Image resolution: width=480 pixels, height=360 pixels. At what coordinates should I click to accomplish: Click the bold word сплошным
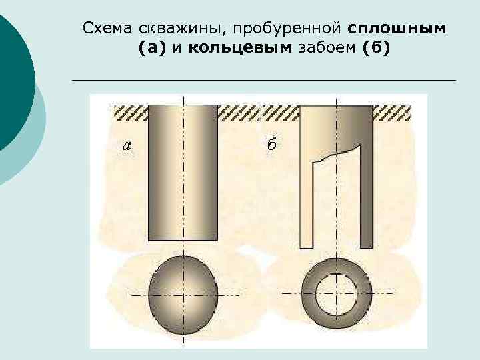click(397, 29)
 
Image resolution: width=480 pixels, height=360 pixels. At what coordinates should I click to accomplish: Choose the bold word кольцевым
click(241, 48)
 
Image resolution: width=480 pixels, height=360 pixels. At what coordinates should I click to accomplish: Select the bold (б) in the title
click(377, 48)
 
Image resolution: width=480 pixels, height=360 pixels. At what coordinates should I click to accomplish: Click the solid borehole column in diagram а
click(184, 173)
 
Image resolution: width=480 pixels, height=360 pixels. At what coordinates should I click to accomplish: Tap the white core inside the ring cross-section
click(336, 293)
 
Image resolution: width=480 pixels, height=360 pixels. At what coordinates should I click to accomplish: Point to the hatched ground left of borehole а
click(131, 112)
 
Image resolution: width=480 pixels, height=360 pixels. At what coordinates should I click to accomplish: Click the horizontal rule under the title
click(263, 80)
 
